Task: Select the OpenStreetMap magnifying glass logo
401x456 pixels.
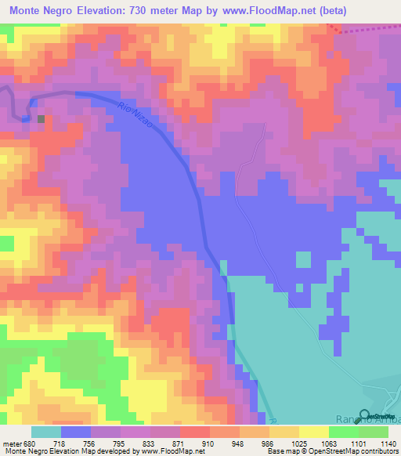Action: pos(365,415)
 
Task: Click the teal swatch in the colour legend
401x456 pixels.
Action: pos(46,432)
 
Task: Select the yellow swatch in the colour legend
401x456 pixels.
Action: pos(313,432)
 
